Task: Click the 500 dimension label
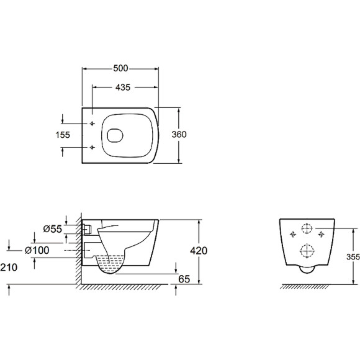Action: (x=120, y=68)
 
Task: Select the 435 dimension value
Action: (x=123, y=88)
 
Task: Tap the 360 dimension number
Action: (x=179, y=134)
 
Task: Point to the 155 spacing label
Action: (x=63, y=135)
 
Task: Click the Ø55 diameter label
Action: (x=53, y=229)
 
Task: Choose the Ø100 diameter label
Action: (x=37, y=250)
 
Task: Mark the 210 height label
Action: (x=9, y=268)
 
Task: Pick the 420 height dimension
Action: (x=199, y=251)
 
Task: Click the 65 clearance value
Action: (x=184, y=279)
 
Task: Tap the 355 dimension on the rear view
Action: (x=353, y=257)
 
